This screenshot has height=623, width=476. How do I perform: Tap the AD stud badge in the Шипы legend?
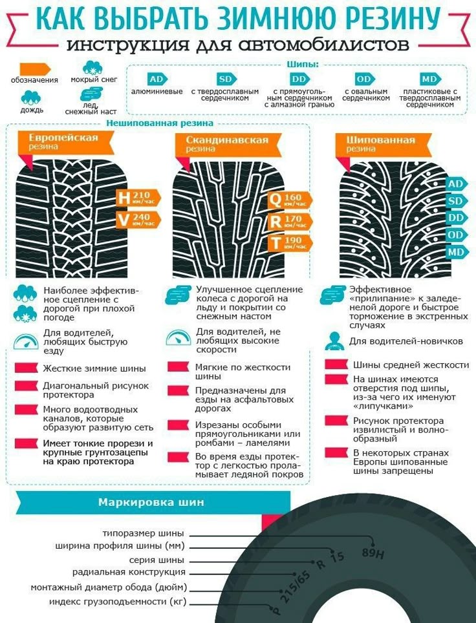(156, 79)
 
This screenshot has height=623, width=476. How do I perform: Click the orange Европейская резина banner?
(63, 142)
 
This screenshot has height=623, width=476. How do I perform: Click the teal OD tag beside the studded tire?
(455, 235)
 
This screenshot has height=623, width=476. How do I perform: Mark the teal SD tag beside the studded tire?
(455, 201)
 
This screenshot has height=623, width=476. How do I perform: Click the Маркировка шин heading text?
(151, 502)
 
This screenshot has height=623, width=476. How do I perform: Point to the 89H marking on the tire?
(373, 553)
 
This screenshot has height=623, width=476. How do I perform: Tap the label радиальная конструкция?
(129, 572)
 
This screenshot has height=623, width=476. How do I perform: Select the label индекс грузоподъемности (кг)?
(118, 602)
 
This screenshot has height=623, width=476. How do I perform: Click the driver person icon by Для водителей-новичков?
(334, 340)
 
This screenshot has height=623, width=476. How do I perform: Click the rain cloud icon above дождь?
(31, 98)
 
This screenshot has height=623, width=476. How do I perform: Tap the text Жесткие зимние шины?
(94, 368)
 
